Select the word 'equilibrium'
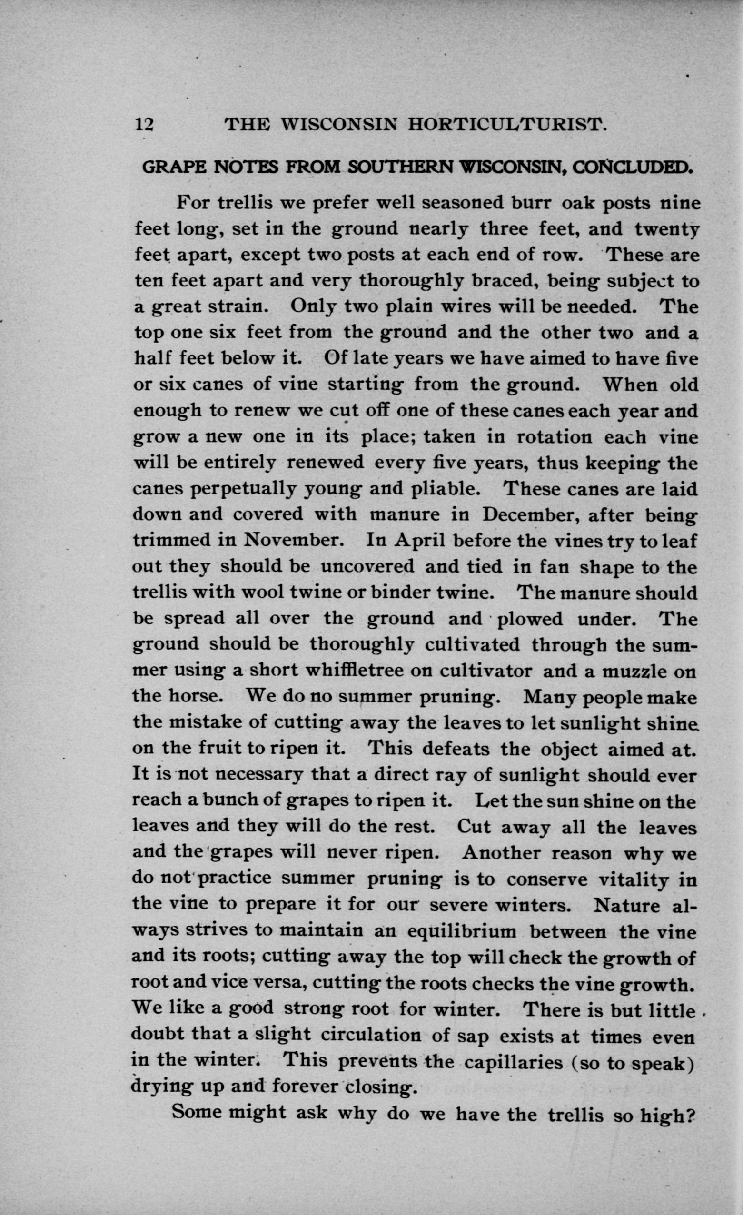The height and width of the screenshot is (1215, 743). click(x=462, y=931)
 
